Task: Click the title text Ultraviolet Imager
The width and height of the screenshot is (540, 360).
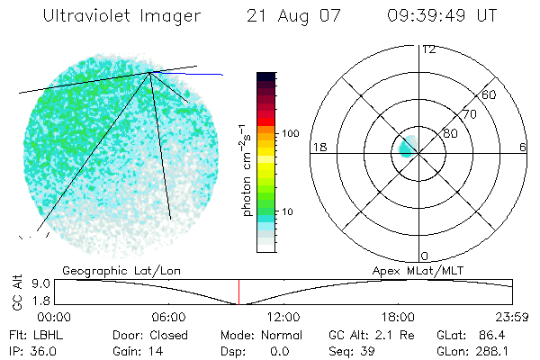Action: (121, 16)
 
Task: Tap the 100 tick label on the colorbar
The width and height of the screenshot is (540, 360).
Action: (290, 133)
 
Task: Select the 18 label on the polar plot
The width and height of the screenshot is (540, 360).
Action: (318, 147)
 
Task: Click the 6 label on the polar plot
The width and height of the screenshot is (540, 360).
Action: (523, 147)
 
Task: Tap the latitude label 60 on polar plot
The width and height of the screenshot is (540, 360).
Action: (490, 94)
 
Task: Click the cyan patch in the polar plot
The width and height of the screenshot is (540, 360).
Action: (406, 147)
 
